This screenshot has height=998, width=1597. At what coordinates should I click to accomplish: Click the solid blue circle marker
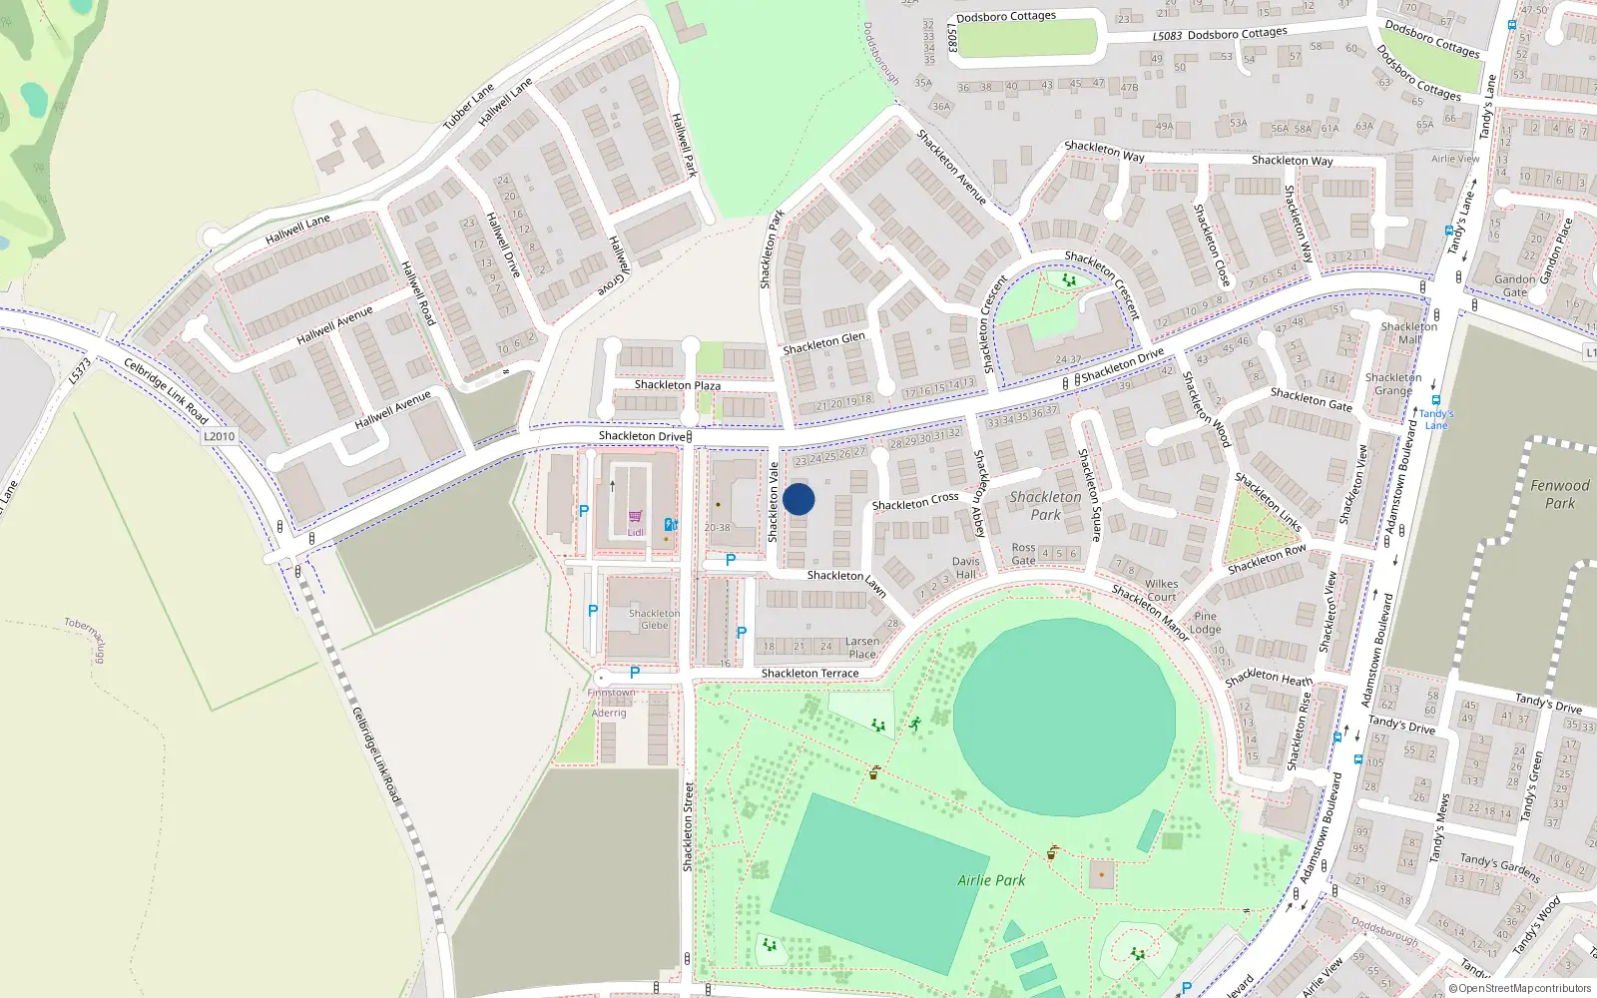click(x=798, y=499)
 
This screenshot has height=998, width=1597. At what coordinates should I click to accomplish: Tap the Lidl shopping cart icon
click(x=635, y=516)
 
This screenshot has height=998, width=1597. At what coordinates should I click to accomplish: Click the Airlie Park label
click(x=991, y=880)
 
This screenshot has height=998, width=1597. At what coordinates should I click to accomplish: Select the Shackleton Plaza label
click(x=677, y=385)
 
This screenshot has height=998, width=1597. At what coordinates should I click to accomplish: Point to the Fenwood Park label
click(x=1559, y=494)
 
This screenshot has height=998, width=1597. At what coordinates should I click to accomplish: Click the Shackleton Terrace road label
click(x=809, y=674)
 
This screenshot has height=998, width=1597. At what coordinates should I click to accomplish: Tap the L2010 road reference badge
click(x=219, y=436)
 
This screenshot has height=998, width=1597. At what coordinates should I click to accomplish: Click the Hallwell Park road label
click(x=684, y=146)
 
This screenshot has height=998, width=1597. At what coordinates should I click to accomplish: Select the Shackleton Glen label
click(x=823, y=343)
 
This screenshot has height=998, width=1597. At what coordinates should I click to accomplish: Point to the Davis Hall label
click(x=965, y=568)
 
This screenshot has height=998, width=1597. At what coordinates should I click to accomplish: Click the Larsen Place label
click(x=862, y=648)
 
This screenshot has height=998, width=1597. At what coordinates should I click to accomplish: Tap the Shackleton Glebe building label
click(x=655, y=620)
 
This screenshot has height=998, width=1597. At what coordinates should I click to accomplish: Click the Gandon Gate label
click(x=1514, y=286)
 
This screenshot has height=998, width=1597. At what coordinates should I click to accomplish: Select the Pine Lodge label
click(x=1205, y=623)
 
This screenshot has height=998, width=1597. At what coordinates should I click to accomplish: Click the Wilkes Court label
click(x=1161, y=591)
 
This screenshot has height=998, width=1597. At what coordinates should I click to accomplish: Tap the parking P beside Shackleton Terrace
click(x=635, y=673)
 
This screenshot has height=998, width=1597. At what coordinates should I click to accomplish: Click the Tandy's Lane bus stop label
click(x=1436, y=419)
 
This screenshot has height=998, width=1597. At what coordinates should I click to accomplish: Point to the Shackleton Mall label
click(x=1408, y=333)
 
